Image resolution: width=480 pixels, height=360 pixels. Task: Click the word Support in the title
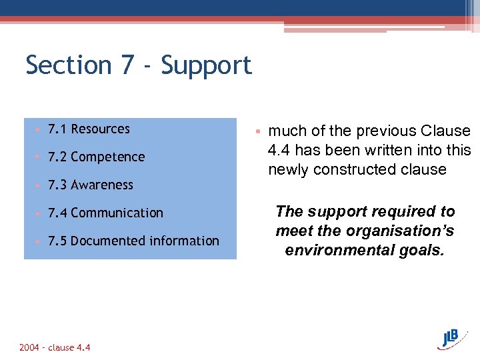[x=207, y=65]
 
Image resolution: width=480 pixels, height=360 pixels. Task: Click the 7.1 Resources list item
[x=89, y=129]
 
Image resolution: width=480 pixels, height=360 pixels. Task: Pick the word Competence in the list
[x=107, y=157]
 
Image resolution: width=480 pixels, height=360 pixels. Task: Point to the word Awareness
[x=102, y=185]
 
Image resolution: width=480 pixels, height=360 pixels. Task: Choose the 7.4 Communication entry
[x=105, y=213]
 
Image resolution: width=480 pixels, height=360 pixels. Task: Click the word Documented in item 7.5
[x=100, y=241]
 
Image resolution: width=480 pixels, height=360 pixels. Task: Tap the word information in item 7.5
[x=177, y=241]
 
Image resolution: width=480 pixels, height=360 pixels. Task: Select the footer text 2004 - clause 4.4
[x=55, y=347]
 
